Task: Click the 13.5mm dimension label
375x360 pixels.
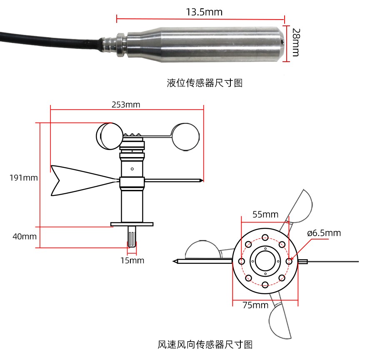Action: (204, 12)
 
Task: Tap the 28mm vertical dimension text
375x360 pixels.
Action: (296, 42)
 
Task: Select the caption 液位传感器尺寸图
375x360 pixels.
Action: (205, 82)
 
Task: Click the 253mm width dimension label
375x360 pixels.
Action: (126, 105)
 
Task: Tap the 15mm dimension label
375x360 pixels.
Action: (132, 260)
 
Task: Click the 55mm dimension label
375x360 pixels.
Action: (265, 215)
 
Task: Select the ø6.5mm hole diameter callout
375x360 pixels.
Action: (324, 233)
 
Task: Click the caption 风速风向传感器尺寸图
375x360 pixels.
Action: (205, 344)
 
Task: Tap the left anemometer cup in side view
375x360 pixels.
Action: (110, 136)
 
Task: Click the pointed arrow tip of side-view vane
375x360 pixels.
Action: (202, 180)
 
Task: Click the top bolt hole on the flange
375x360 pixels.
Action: (265, 238)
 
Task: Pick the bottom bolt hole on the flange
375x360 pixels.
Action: (265, 285)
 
